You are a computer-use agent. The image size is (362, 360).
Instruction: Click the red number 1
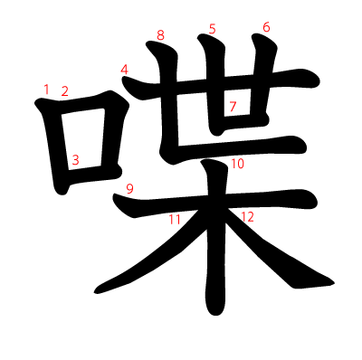click(46, 90)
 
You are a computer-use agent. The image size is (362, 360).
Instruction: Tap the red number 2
click(65, 91)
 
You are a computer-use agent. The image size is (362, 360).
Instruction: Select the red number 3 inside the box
click(75, 160)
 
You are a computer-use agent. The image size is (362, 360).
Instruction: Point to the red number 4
click(124, 70)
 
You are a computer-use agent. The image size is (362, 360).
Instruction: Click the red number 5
click(213, 29)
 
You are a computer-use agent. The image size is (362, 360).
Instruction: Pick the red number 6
click(266, 27)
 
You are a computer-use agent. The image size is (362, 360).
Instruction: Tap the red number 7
click(233, 107)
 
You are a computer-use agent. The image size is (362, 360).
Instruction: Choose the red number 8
click(160, 35)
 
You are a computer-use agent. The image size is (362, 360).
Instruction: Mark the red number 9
click(129, 189)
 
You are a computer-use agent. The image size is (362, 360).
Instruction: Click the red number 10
click(238, 164)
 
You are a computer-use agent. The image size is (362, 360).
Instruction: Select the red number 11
click(175, 220)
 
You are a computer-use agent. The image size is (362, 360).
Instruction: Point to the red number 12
click(248, 217)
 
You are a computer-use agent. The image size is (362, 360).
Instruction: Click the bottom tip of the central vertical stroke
click(215, 316)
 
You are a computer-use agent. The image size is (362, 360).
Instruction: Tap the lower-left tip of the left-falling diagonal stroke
click(95, 292)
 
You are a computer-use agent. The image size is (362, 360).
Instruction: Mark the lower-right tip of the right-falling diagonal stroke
click(334, 283)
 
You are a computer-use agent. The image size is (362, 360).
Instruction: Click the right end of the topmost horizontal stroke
click(319, 81)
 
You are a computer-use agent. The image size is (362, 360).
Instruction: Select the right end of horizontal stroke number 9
click(317, 200)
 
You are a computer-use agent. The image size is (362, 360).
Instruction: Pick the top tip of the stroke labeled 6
click(253, 35)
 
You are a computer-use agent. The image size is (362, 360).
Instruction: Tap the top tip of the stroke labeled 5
click(199, 36)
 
